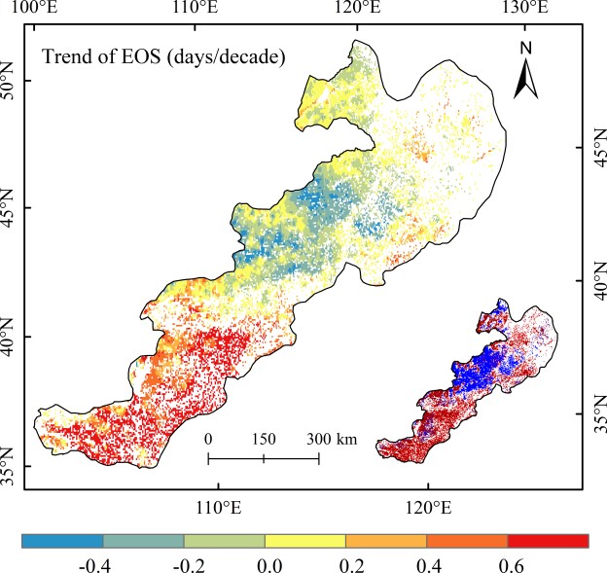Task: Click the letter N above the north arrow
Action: pos(525,48)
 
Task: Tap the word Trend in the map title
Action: pos(66,56)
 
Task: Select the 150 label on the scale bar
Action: pos(263,439)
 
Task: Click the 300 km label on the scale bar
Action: pos(331,439)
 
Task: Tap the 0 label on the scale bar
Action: pos(208,439)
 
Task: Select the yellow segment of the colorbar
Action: pos(305,540)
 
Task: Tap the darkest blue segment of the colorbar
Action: pos(62,540)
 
